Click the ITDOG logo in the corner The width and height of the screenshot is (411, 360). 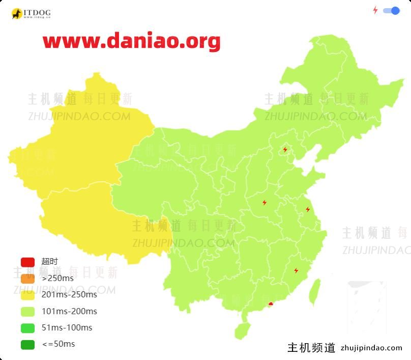31,13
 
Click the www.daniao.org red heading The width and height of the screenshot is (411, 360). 131,41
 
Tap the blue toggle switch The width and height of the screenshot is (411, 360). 391,11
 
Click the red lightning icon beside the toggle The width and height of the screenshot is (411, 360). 375,10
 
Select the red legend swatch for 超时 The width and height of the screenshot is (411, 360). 27,262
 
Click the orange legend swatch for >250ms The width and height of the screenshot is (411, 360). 27,279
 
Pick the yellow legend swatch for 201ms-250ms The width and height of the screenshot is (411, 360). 27,295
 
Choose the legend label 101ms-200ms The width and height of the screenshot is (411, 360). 69,311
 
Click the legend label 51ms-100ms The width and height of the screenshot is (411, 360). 67,327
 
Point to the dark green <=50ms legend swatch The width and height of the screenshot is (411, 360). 27,344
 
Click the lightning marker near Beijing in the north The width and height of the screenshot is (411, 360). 285,150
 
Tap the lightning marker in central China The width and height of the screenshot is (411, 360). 265,203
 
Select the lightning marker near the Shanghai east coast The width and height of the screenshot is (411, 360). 308,209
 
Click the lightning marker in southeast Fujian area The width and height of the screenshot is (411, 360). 296,270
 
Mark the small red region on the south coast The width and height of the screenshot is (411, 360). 271,304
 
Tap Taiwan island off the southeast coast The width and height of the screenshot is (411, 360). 315,291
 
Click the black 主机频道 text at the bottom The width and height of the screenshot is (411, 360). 311,348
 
